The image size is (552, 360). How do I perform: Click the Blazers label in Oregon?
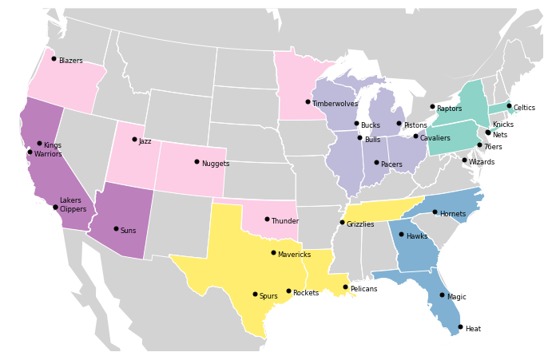(x=70, y=61)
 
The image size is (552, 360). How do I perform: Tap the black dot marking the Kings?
(x=39, y=144)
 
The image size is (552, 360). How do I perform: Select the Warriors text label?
(x=48, y=154)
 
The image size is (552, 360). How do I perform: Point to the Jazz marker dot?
(x=134, y=140)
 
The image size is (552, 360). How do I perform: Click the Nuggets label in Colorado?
(x=215, y=164)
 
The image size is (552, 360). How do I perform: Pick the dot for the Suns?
(x=116, y=229)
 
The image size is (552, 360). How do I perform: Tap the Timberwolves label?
(x=335, y=104)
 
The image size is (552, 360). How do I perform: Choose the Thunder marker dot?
(x=267, y=220)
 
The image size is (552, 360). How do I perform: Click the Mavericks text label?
(x=294, y=255)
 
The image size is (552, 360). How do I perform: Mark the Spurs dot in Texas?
(x=255, y=295)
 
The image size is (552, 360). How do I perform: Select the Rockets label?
(x=305, y=293)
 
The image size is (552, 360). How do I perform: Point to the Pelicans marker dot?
(x=345, y=287)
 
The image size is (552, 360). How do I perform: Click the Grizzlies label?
(x=360, y=224)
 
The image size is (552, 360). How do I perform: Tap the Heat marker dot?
(x=460, y=327)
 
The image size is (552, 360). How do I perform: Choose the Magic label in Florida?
(x=456, y=297)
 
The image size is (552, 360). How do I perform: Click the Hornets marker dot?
(x=435, y=212)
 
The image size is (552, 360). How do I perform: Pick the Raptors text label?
(x=449, y=109)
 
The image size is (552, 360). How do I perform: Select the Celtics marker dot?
(x=509, y=105)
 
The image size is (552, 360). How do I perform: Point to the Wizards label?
(x=482, y=162)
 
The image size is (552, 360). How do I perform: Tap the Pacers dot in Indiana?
(x=376, y=163)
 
